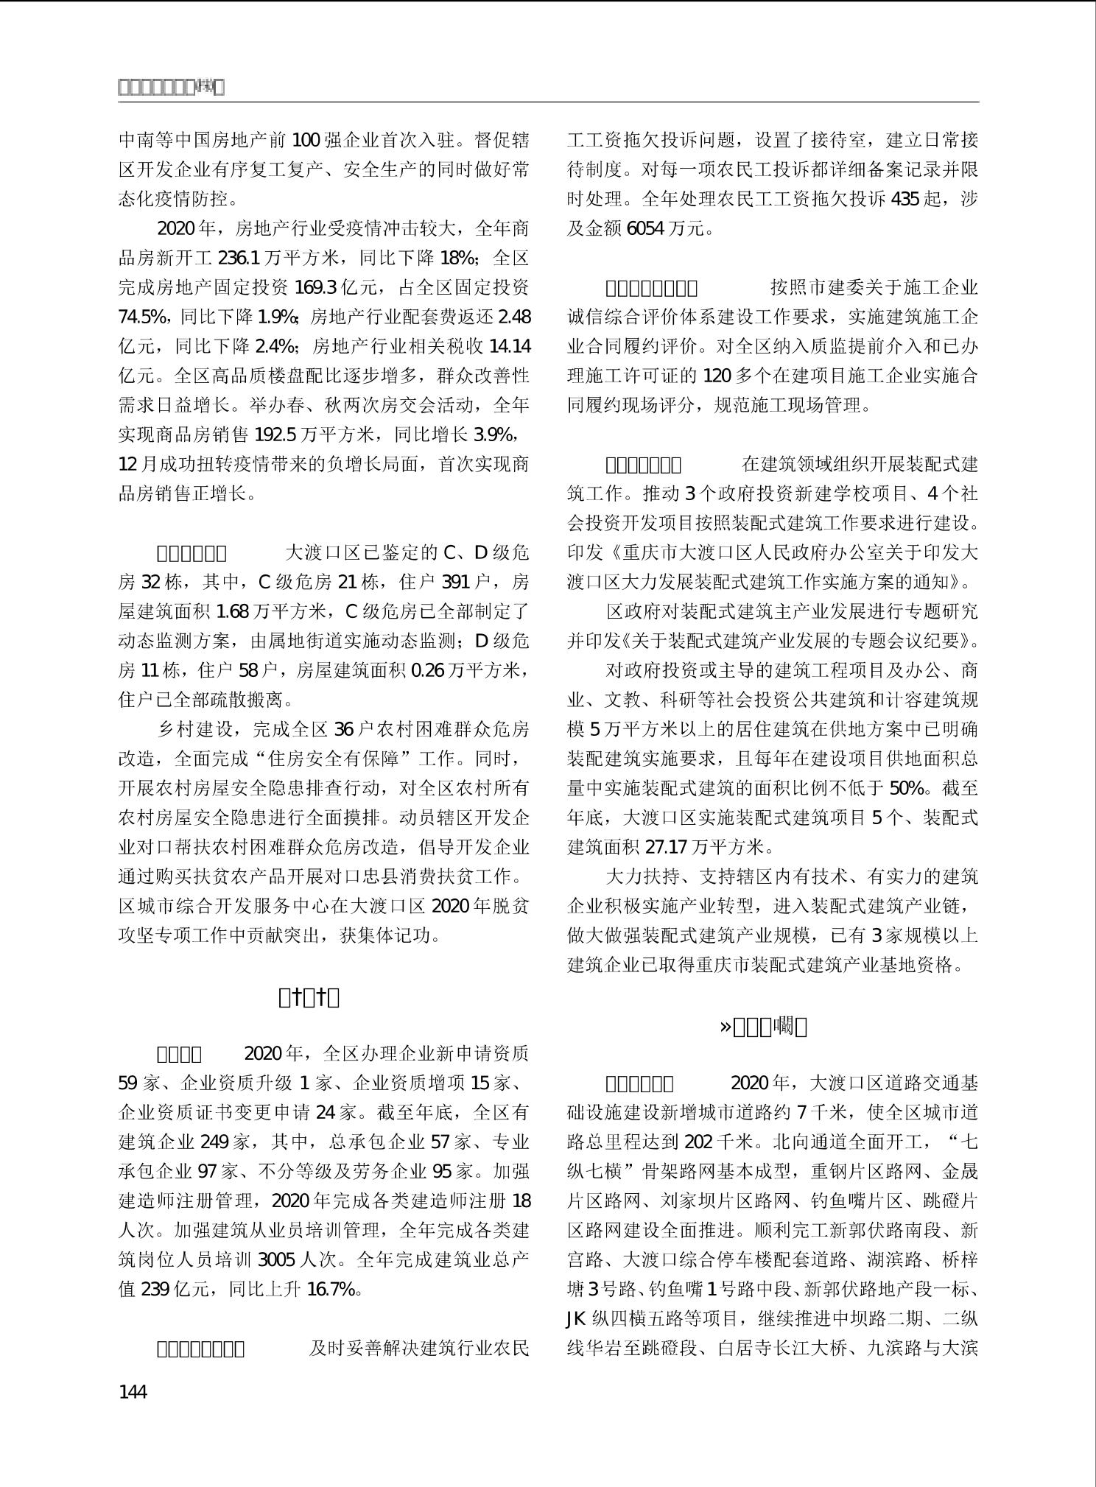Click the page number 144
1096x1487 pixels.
click(x=133, y=1392)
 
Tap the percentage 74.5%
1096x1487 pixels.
click(x=143, y=317)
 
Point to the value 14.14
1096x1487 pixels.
click(x=510, y=347)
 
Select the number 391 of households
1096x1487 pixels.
click(x=455, y=583)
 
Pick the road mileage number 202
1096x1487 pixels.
click(x=698, y=1142)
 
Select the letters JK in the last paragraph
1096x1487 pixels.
click(x=576, y=1319)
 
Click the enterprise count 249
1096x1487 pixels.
click(x=215, y=1142)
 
